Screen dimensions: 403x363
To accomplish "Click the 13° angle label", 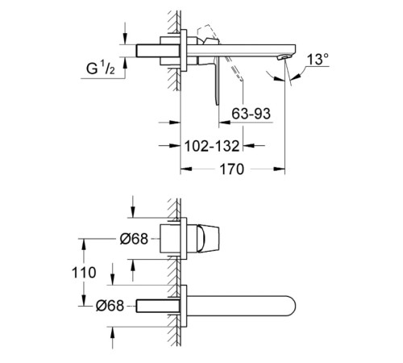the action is coord(318,59).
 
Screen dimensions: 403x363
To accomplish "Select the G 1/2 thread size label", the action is coord(101,68).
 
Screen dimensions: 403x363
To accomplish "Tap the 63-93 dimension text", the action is coord(251,114).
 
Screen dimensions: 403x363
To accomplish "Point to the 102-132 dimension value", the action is coord(212,146).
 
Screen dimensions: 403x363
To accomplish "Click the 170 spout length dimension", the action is coord(232,169).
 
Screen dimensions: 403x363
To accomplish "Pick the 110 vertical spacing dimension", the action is coord(84,273).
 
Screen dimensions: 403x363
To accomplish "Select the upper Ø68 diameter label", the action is coord(134,239).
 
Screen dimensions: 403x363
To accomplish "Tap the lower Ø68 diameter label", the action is coord(110,306).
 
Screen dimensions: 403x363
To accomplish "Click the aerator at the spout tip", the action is coord(284,56).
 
